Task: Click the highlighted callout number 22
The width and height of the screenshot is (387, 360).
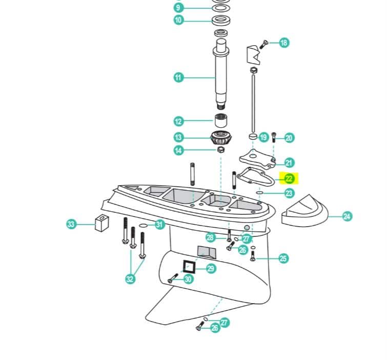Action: coord(289,179)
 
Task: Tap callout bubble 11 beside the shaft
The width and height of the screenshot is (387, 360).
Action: coord(178,78)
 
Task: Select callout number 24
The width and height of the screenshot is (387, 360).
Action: coord(347,216)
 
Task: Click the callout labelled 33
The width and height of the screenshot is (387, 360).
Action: coord(71,224)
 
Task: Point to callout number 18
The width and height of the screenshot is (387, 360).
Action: coord(284,43)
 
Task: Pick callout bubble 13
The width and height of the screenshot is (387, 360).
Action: coord(178,137)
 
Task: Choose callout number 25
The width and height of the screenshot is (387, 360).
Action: coord(283,258)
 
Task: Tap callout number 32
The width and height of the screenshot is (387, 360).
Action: coord(130,279)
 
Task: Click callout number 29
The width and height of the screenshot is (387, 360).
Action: coord(211,268)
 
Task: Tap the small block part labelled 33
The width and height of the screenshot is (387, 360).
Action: coord(102,223)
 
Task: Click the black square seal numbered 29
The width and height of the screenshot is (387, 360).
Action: coord(189,266)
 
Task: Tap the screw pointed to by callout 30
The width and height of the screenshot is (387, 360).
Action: coord(172,279)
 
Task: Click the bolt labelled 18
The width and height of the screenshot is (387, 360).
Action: coord(264,44)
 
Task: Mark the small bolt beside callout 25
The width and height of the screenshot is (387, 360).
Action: coord(252,256)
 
